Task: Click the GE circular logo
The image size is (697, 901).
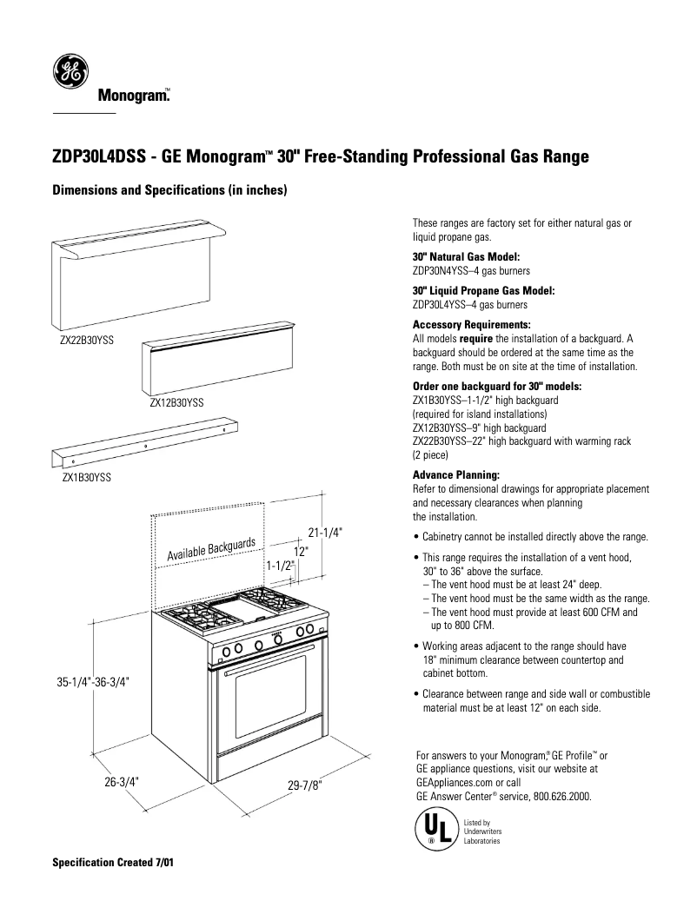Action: (x=70, y=71)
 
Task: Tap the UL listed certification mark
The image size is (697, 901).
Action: (x=432, y=830)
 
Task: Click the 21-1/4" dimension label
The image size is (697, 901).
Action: (x=325, y=533)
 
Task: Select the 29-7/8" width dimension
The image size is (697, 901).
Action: (x=304, y=785)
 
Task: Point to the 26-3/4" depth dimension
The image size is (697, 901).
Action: (x=122, y=781)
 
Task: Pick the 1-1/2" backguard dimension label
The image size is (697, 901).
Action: (x=280, y=566)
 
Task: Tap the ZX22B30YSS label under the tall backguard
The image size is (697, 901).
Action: (x=87, y=340)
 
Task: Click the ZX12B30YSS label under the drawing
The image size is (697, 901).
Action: (x=176, y=403)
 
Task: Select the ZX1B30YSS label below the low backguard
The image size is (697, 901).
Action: (x=86, y=477)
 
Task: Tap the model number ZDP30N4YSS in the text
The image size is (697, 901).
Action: (x=441, y=270)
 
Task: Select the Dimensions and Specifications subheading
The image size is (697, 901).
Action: (x=169, y=189)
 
